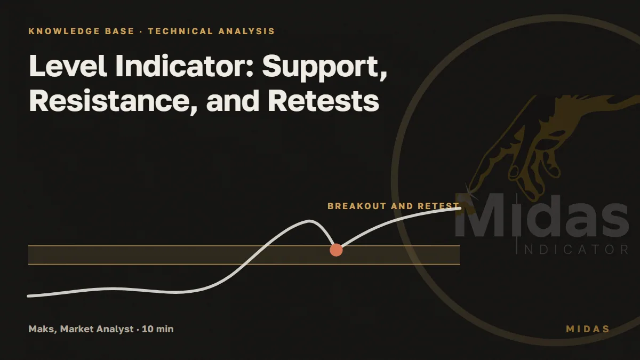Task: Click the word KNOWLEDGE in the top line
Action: pos(64,31)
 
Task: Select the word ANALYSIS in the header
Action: pos(246,31)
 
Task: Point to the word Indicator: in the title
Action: pos(185,66)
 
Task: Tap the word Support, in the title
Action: pos(325,69)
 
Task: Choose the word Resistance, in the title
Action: pos(114,101)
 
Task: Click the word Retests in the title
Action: pos(323,101)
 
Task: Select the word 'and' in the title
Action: pos(233,101)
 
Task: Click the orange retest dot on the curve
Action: pos(336,250)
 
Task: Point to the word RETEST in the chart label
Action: pos(438,206)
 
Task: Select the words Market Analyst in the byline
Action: pos(97,329)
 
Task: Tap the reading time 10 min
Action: pos(158,329)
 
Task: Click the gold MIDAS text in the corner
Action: pos(588,329)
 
